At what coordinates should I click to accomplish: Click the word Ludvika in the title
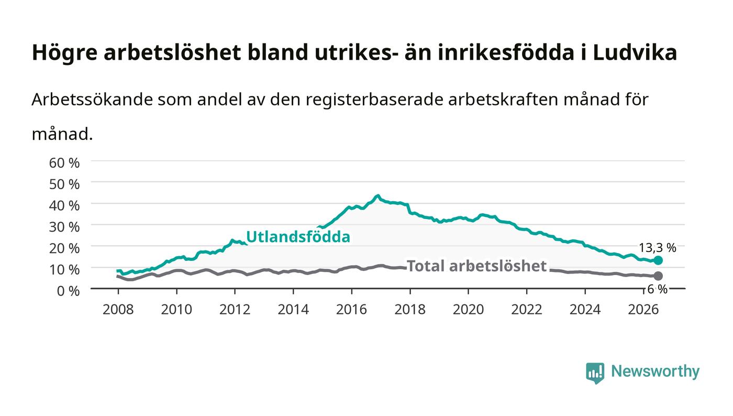[x=635, y=53]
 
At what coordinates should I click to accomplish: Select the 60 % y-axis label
[x=64, y=163]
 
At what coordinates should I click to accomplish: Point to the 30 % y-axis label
[x=64, y=227]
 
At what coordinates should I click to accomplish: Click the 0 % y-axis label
[x=68, y=291]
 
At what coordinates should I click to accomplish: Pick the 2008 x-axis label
[x=118, y=310]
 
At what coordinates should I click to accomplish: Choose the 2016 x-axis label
[x=351, y=310]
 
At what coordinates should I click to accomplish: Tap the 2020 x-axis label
[x=468, y=310]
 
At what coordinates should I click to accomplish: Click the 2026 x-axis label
[x=643, y=310]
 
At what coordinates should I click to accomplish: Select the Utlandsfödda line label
[x=298, y=236]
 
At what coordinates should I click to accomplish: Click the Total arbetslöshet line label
[x=476, y=266]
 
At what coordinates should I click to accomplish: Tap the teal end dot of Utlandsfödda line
[x=658, y=260]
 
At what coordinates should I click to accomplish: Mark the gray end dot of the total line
[x=658, y=276]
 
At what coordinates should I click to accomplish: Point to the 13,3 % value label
[x=658, y=248]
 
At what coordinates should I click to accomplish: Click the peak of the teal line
[x=378, y=196]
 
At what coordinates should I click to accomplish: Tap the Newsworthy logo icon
[x=595, y=373]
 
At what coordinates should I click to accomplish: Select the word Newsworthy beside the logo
[x=655, y=371]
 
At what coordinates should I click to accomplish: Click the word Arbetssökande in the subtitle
[x=92, y=99]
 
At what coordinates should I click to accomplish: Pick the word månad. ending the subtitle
[x=62, y=134]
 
